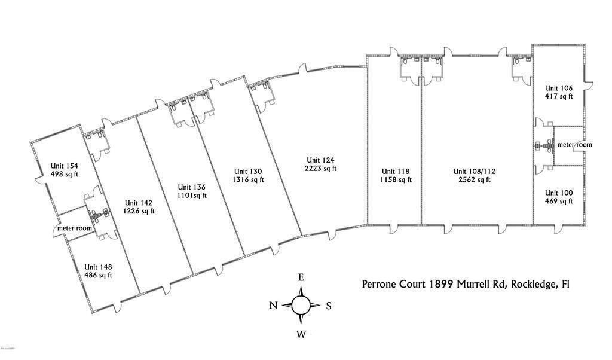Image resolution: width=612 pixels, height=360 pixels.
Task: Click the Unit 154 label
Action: pyautogui.click(x=65, y=166)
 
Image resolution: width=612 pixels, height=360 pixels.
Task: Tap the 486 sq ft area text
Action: pyautogui.click(x=98, y=275)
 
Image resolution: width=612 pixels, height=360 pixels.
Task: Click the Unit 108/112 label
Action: pyautogui.click(x=475, y=171)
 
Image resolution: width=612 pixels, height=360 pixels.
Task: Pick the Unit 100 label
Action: pyautogui.click(x=559, y=193)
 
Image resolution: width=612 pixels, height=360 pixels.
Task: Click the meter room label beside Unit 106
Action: pyautogui.click(x=574, y=145)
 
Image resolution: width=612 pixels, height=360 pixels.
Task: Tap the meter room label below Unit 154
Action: pyautogui.click(x=75, y=228)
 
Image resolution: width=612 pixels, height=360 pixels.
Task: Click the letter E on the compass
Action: pyautogui.click(x=301, y=277)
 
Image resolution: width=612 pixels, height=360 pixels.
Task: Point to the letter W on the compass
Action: pyautogui.click(x=301, y=334)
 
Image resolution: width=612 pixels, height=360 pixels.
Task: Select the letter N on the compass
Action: pyautogui.click(x=273, y=306)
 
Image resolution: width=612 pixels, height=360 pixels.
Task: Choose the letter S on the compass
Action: pyautogui.click(x=329, y=306)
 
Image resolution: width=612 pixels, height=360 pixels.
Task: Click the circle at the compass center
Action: pyautogui.click(x=301, y=306)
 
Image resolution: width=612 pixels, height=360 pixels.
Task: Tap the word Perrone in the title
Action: pyautogui.click(x=381, y=285)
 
